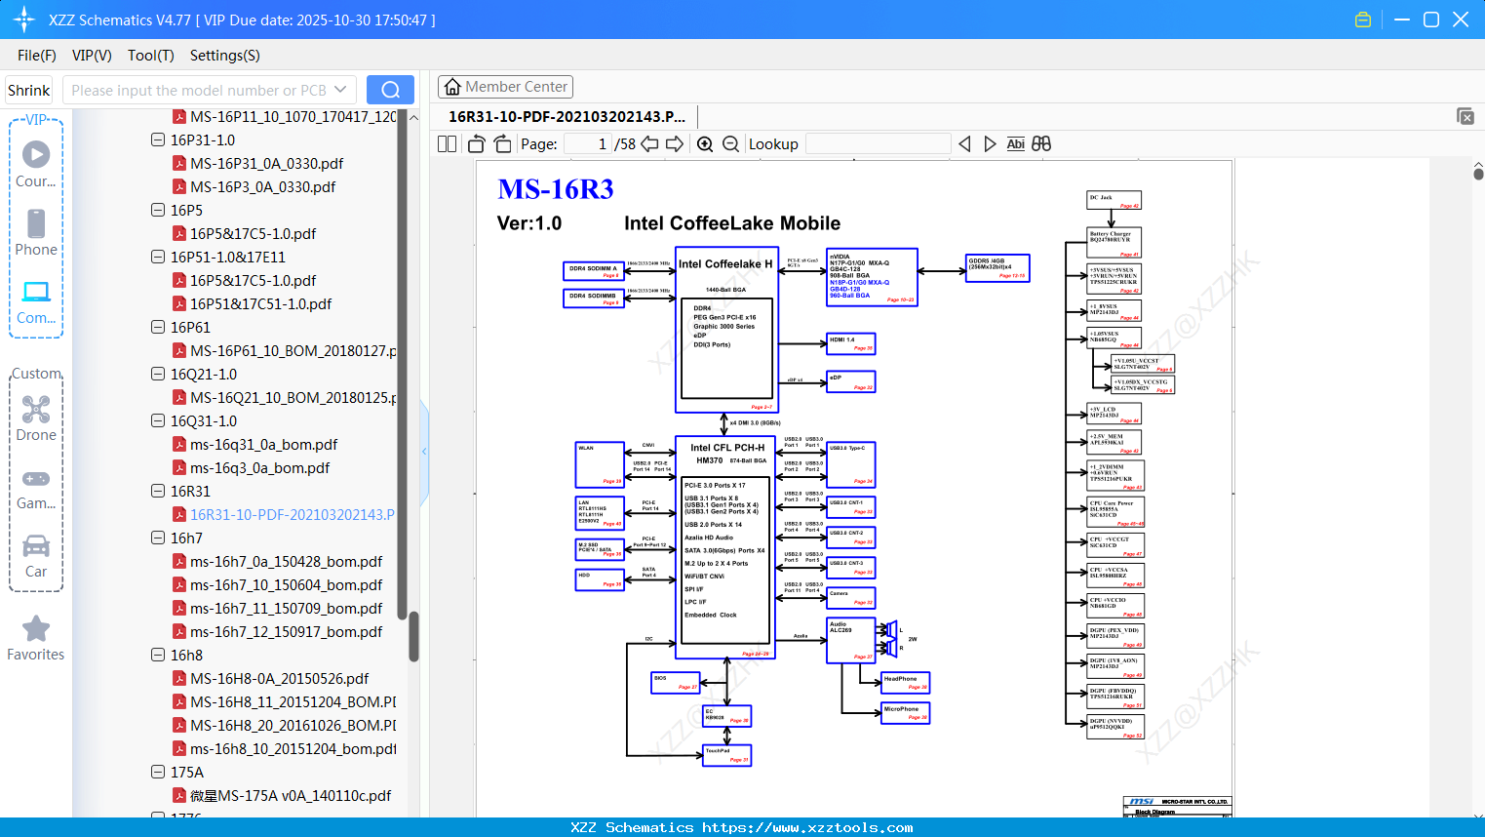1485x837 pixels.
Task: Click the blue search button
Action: click(390, 90)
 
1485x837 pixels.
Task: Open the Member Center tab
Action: click(505, 87)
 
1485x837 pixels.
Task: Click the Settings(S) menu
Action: click(224, 56)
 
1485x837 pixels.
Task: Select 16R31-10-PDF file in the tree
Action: click(292, 514)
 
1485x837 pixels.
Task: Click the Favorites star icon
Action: click(36, 629)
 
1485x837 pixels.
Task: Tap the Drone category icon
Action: click(36, 410)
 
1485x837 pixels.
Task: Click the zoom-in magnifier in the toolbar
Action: click(705, 144)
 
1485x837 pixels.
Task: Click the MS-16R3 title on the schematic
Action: click(556, 189)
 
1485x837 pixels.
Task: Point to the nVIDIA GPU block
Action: click(872, 277)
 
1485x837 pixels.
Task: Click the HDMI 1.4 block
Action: click(850, 343)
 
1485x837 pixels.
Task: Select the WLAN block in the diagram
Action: click(600, 464)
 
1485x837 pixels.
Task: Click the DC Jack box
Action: click(1114, 200)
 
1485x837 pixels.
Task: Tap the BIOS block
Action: click(675, 682)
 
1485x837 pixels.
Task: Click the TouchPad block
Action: click(727, 755)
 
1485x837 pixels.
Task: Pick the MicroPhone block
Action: click(905, 713)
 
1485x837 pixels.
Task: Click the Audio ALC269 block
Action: click(850, 640)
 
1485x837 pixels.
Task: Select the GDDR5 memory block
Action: click(997, 267)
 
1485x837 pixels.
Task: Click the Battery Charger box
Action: click(1114, 242)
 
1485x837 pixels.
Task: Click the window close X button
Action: click(1461, 20)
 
